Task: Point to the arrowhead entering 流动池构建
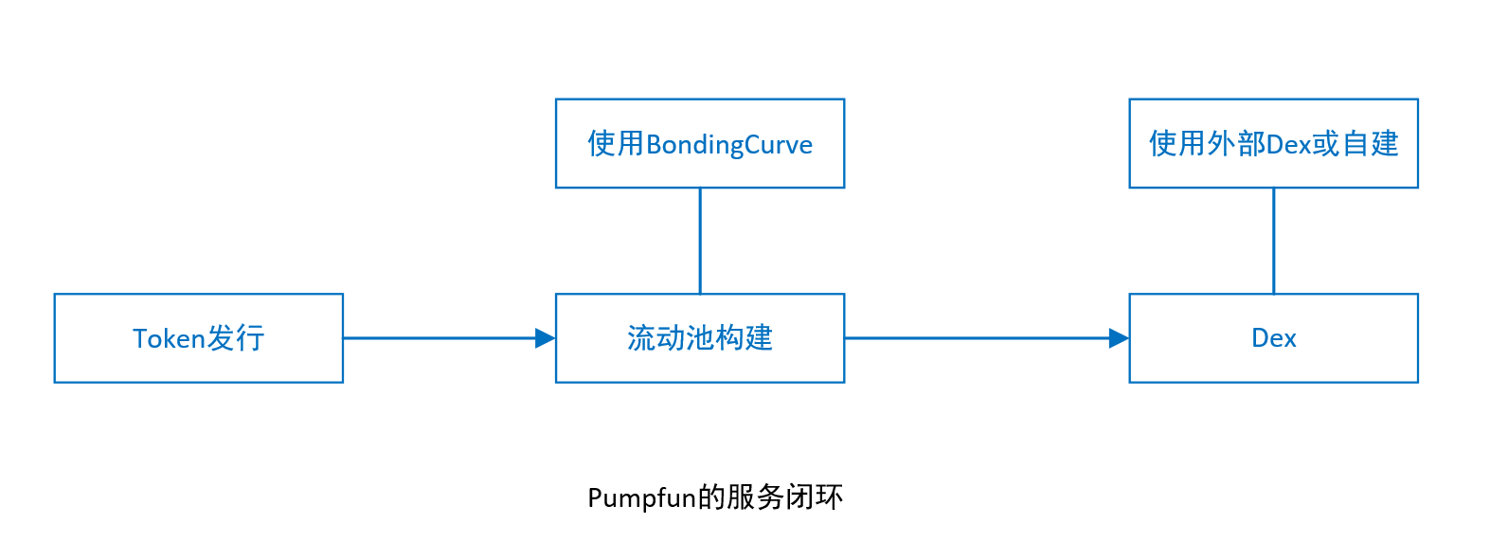tap(546, 338)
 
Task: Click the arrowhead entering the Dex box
tap(1119, 338)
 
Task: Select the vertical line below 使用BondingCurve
tap(700, 241)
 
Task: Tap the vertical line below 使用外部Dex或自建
tap(1273, 241)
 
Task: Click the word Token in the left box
tap(169, 339)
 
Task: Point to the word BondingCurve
tap(729, 145)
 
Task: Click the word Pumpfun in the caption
tap(641, 498)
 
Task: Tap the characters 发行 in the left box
tap(236, 338)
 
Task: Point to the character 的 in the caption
tap(710, 497)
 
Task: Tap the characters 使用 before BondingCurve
tap(616, 144)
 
